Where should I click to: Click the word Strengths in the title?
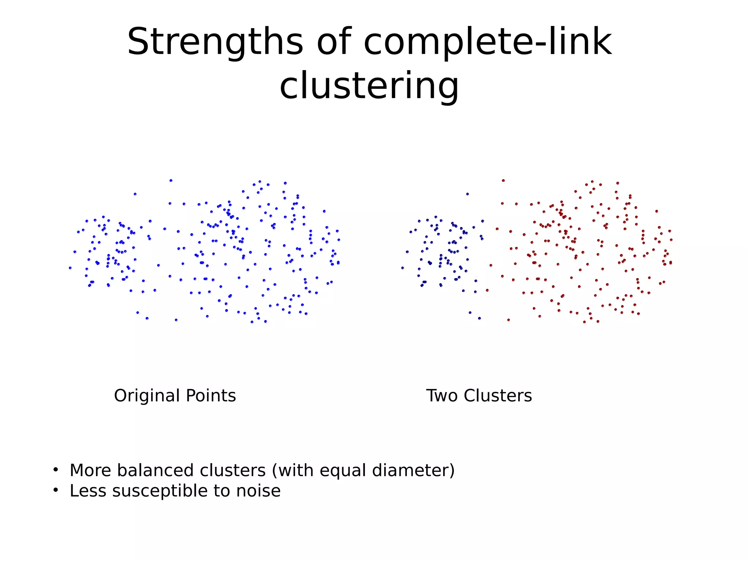[x=215, y=42]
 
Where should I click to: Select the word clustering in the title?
[x=369, y=86]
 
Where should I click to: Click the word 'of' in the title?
[x=333, y=42]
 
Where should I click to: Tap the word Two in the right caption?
[x=442, y=396]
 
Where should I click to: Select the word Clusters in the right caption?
[x=498, y=396]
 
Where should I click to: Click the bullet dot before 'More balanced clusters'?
[x=56, y=470]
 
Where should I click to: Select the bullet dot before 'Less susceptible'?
[x=56, y=490]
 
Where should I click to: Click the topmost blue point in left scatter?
[x=171, y=181]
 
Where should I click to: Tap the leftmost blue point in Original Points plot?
[x=70, y=268]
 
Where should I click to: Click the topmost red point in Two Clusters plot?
[x=503, y=181]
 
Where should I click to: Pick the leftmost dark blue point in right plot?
[x=402, y=268]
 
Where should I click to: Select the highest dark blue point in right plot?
[x=467, y=194]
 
